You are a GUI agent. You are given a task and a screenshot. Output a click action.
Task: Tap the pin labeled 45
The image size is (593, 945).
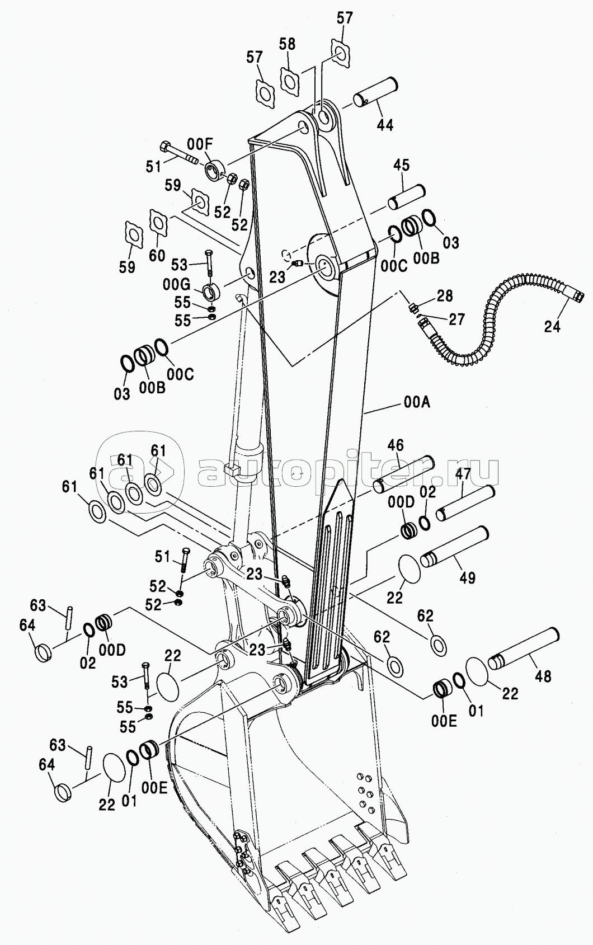(x=407, y=196)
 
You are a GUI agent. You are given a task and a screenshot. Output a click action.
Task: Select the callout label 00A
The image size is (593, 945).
(x=417, y=402)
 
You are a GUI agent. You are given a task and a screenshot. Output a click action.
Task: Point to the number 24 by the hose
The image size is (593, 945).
(x=552, y=326)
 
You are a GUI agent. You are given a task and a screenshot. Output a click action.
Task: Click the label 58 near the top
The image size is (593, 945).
(x=287, y=44)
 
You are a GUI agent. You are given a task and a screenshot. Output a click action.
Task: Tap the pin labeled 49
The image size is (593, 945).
(x=455, y=547)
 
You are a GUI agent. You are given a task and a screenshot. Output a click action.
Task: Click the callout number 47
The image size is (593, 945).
(x=462, y=474)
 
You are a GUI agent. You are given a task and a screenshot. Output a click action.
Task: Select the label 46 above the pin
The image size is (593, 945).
(x=395, y=445)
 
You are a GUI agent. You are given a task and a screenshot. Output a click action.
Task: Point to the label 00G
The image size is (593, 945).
(x=176, y=285)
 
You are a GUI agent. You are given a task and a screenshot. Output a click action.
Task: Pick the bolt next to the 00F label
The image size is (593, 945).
(x=178, y=154)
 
